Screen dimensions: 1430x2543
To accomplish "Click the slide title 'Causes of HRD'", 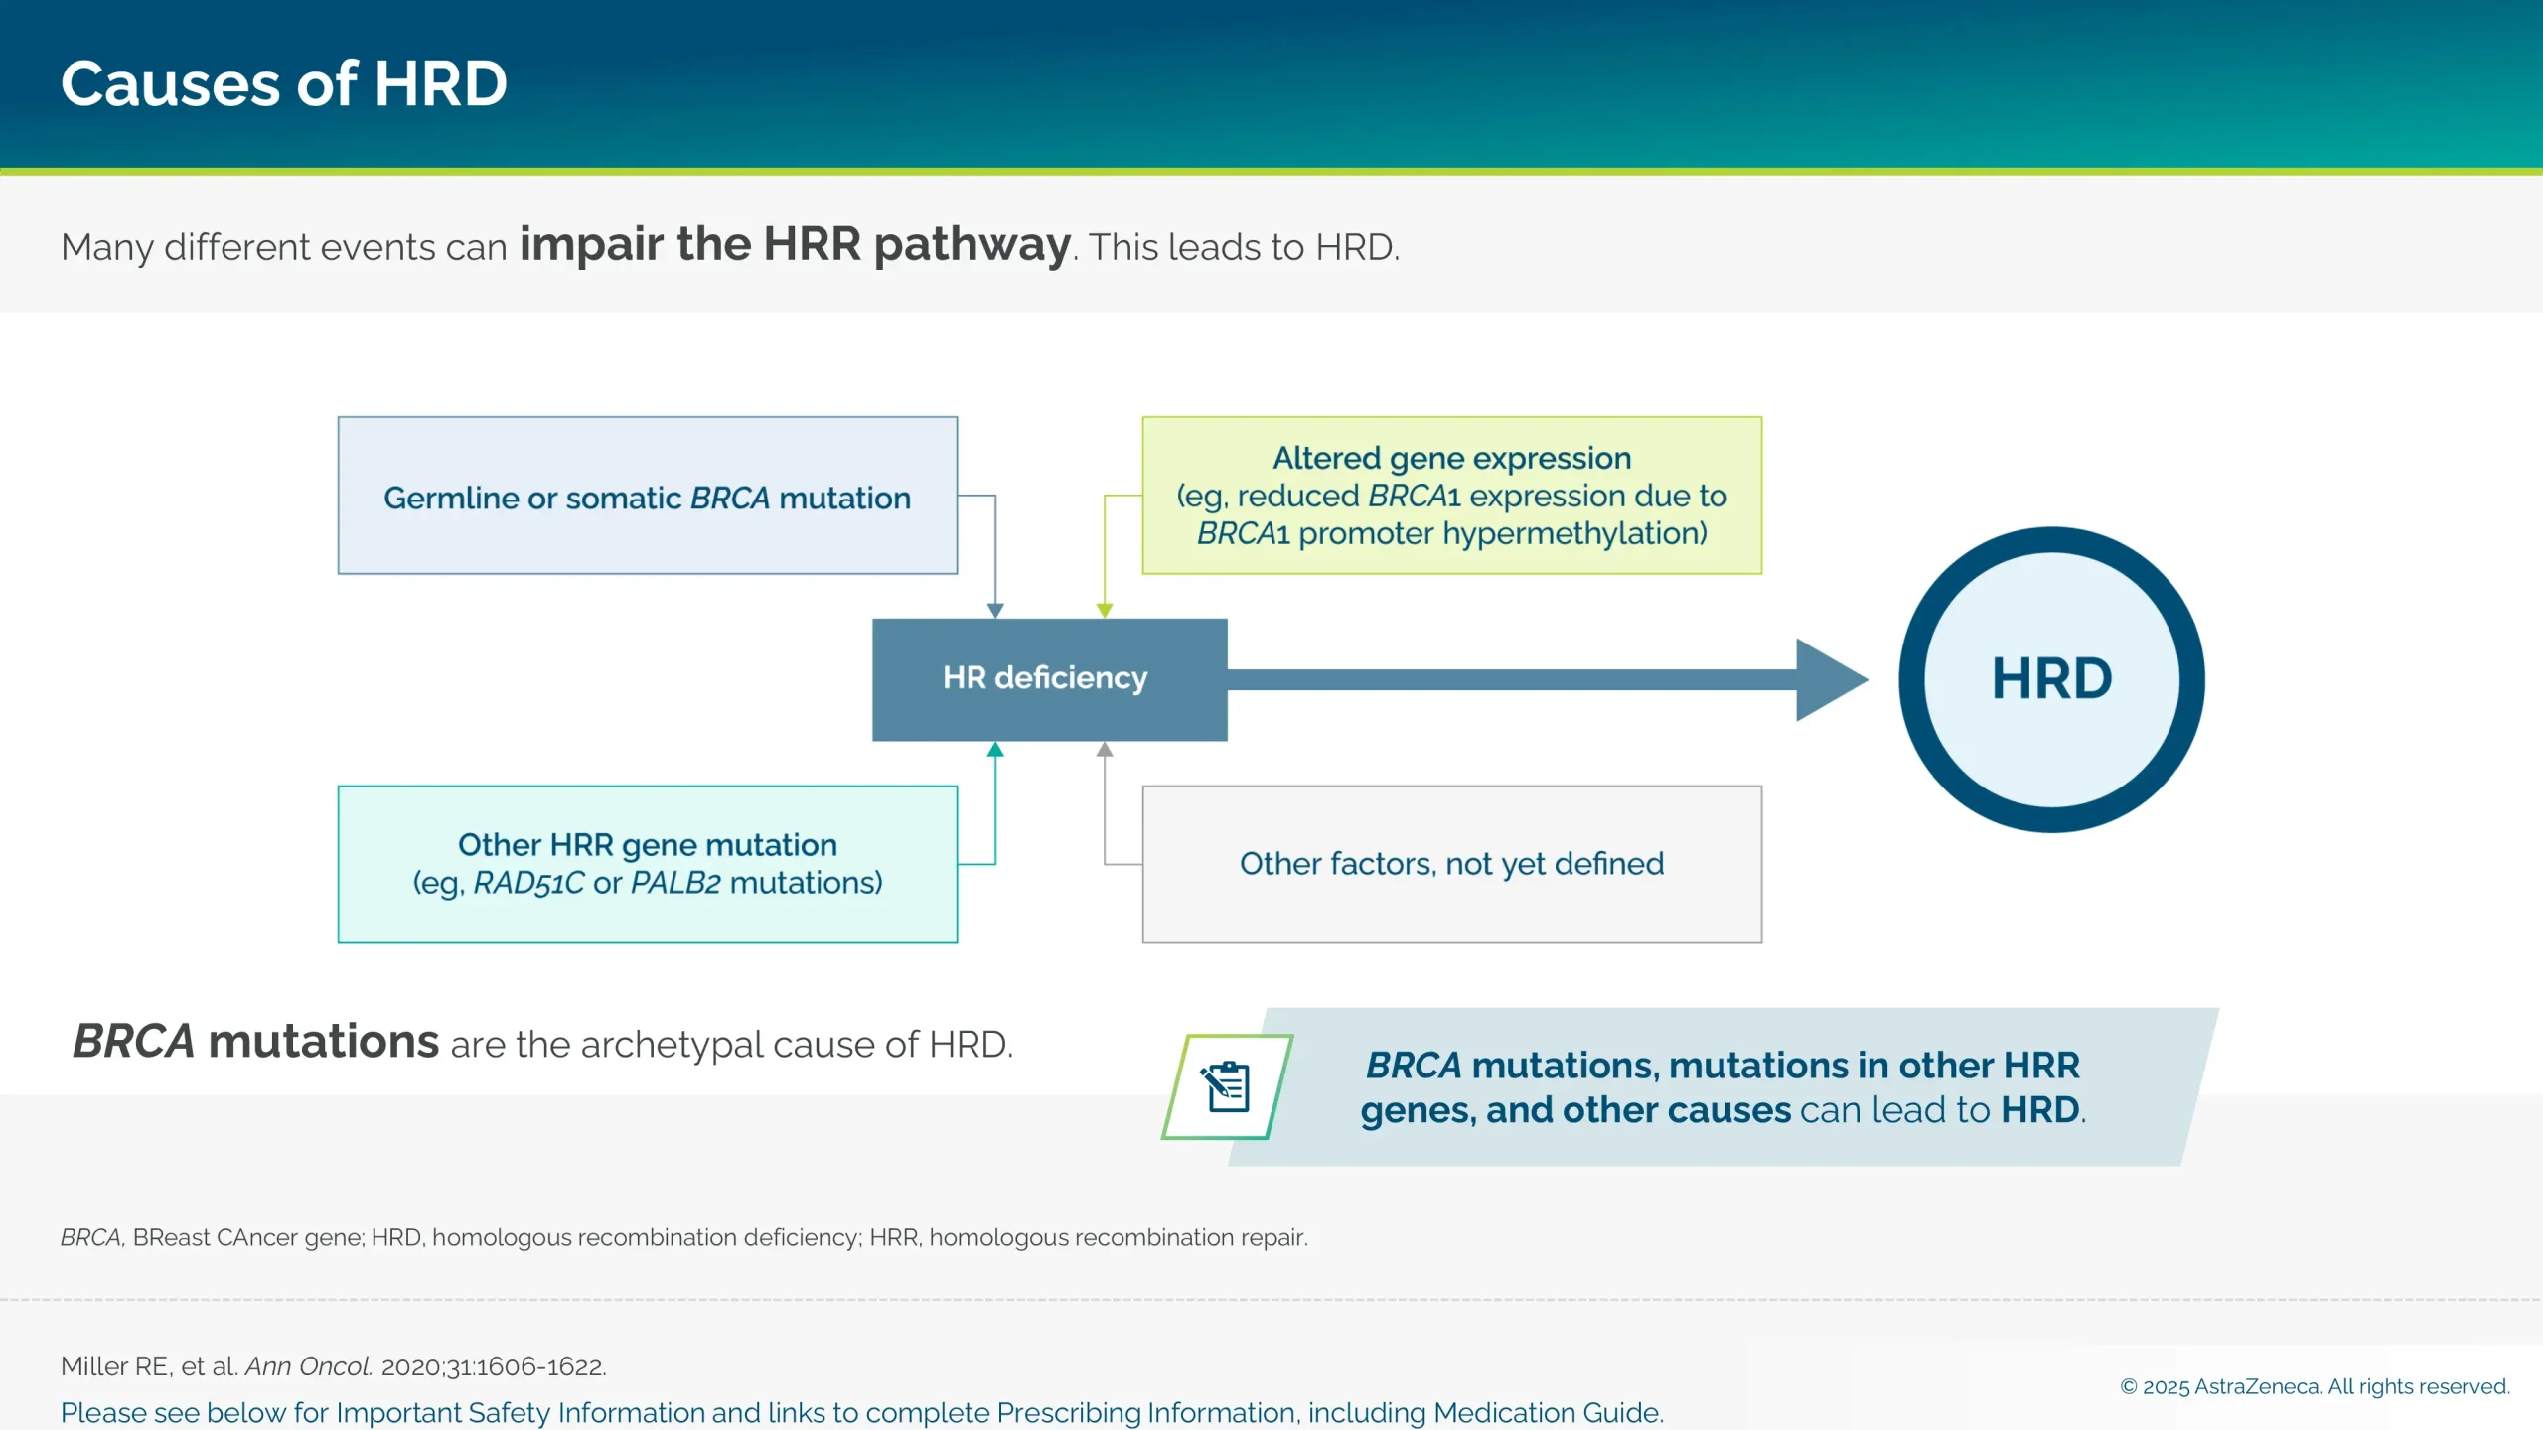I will click(284, 83).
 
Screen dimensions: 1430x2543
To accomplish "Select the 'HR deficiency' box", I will click(1049, 679).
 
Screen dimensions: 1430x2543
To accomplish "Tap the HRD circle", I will click(2051, 679).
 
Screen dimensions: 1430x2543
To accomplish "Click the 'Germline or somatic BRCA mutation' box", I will click(647, 496).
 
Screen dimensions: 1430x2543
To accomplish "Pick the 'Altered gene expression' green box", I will click(1451, 496).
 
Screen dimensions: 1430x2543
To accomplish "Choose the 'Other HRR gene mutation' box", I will click(647, 864).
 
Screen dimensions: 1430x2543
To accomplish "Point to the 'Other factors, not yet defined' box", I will click(1451, 864).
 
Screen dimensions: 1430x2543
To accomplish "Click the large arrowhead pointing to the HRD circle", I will click(1828, 679).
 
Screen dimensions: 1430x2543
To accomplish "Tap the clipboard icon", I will click(1227, 1086).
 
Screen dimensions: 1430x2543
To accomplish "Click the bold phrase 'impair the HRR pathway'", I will click(795, 244).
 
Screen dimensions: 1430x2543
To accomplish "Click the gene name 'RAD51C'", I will click(528, 883).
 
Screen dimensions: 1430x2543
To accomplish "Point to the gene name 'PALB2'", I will click(675, 883).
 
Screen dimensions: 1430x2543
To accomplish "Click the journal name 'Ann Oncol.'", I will click(309, 1366).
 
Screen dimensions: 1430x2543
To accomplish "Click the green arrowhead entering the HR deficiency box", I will click(1105, 610).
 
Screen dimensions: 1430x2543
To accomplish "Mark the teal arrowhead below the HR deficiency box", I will click(995, 750).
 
